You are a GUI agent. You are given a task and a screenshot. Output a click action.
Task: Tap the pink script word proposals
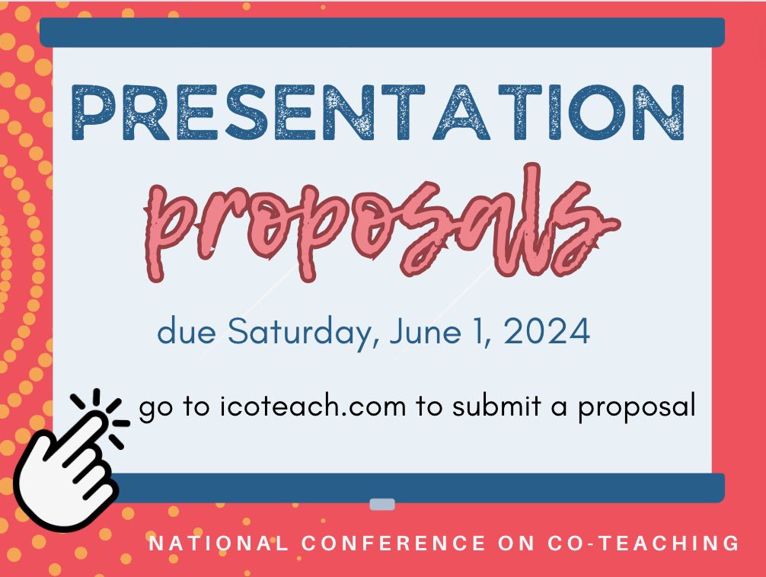[x=381, y=221]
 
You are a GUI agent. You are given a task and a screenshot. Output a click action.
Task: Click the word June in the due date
[x=414, y=333]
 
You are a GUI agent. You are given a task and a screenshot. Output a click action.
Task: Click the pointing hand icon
[x=65, y=468]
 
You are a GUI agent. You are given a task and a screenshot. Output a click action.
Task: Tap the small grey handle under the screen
[x=381, y=504]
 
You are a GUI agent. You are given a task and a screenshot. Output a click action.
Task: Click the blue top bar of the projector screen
[x=381, y=32]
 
